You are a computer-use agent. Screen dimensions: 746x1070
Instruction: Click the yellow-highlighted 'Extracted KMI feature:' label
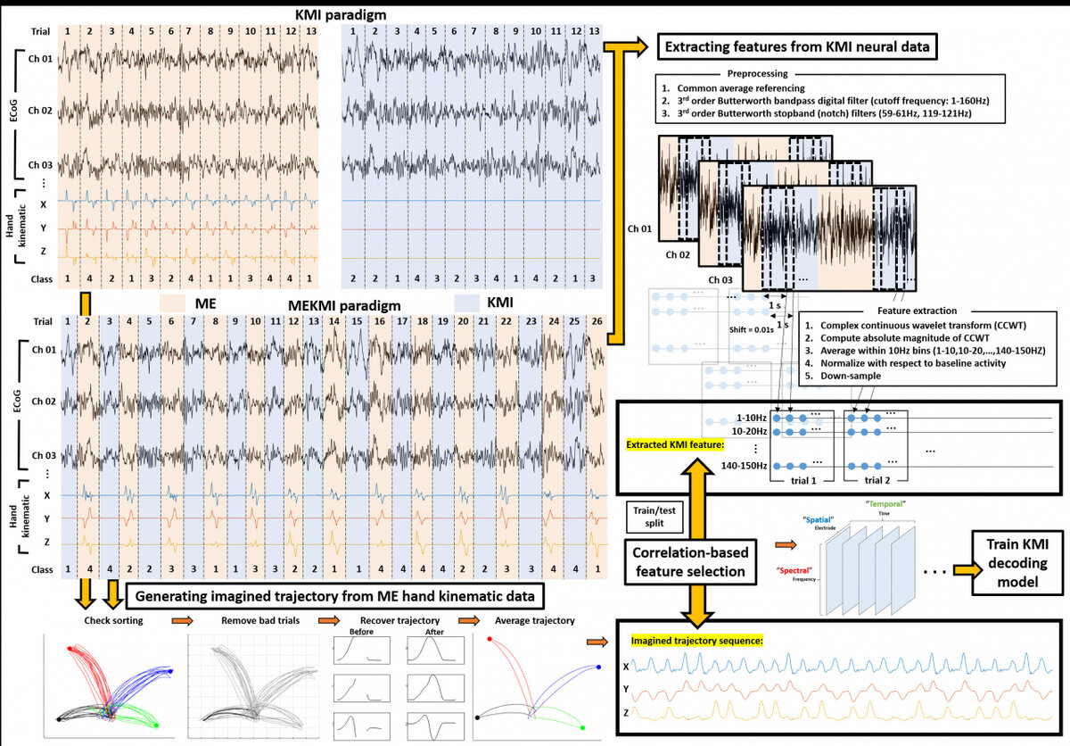(675, 443)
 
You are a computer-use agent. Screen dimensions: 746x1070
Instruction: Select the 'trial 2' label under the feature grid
(877, 480)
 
